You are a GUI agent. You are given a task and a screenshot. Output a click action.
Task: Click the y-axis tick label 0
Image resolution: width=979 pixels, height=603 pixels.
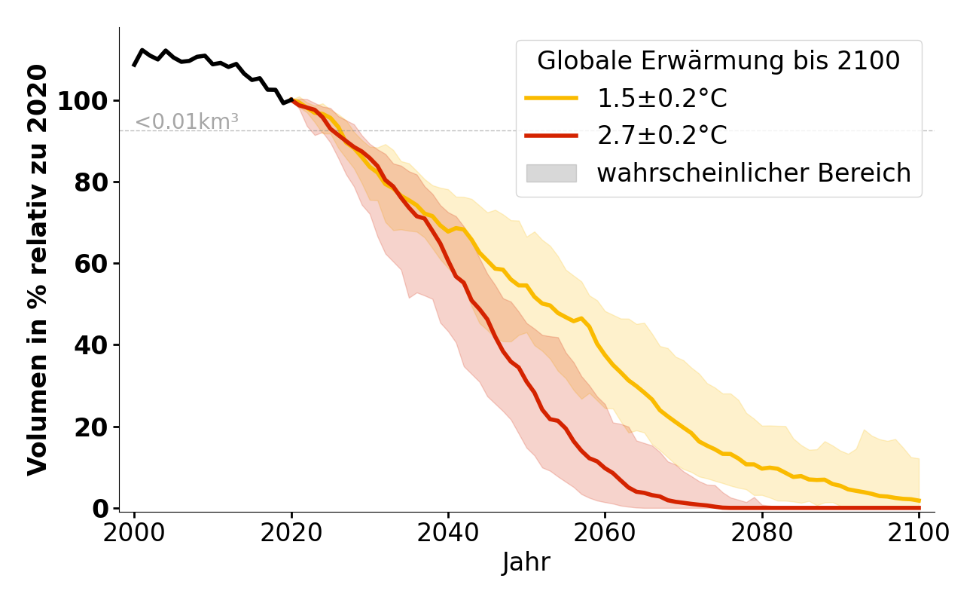[101, 509]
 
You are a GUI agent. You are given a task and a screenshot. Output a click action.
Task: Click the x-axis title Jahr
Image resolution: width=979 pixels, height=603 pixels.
[526, 563]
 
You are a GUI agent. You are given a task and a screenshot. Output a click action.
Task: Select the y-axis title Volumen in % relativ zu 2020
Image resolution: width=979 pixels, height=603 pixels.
[38, 270]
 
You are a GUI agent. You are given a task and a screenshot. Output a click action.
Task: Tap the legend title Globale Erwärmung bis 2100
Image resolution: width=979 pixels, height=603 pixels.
[718, 61]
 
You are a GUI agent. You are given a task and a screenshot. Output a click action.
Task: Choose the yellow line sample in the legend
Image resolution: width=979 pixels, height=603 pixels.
[551, 99]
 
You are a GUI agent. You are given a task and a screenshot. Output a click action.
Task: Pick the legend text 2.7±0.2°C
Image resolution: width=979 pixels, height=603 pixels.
[662, 136]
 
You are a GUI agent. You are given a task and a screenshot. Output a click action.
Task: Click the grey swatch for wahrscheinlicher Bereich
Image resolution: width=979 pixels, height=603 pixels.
[551, 173]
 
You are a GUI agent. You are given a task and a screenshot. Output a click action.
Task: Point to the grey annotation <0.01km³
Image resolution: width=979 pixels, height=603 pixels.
[187, 121]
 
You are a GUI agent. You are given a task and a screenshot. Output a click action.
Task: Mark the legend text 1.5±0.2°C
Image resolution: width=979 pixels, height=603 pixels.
[662, 99]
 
